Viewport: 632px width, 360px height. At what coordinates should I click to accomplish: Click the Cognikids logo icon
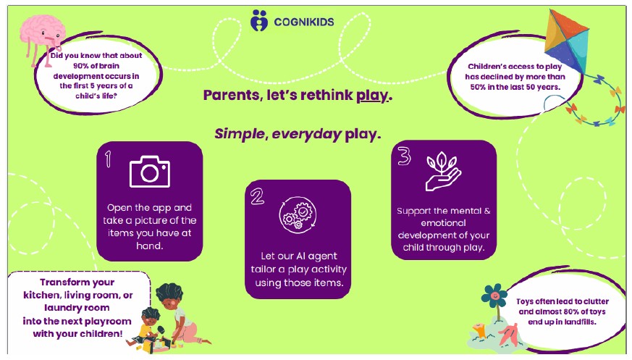(x=258, y=20)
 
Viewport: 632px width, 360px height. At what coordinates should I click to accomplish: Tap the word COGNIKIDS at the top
(x=304, y=22)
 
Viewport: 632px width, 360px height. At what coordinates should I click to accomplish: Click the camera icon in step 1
(x=150, y=172)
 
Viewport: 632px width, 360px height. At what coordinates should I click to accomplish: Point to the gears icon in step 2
(x=298, y=215)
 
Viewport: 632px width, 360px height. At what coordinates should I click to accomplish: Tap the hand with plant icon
(x=443, y=171)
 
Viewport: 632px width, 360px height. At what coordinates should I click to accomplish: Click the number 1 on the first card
(x=108, y=159)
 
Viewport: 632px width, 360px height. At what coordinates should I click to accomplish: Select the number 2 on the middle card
(x=257, y=197)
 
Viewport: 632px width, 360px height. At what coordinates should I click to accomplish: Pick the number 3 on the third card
(x=404, y=156)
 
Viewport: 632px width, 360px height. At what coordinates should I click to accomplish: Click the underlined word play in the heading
(x=371, y=96)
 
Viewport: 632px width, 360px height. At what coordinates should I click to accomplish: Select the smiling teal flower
(x=494, y=296)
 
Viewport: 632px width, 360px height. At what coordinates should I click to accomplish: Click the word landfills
(x=578, y=322)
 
